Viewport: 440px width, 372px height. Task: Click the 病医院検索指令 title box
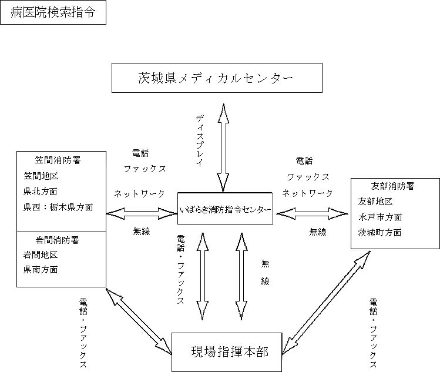(53, 12)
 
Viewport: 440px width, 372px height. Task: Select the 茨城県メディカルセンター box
(217, 78)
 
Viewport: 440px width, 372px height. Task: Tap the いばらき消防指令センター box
(226, 209)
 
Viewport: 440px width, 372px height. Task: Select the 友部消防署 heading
(393, 186)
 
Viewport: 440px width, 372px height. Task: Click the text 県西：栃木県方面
(58, 207)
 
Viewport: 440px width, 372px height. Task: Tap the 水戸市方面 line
(380, 217)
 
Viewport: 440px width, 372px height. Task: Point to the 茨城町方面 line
(380, 232)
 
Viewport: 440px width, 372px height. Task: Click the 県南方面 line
(41, 270)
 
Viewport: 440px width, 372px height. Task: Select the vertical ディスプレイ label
(199, 140)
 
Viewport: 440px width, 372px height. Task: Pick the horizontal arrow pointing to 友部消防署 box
(312, 213)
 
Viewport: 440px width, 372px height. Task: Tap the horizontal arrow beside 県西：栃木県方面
(142, 212)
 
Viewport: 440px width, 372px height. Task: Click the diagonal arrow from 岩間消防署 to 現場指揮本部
(139, 320)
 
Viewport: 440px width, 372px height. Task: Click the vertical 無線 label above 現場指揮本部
(265, 273)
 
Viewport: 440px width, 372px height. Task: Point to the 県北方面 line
(41, 191)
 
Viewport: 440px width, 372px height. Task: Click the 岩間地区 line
(41, 254)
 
